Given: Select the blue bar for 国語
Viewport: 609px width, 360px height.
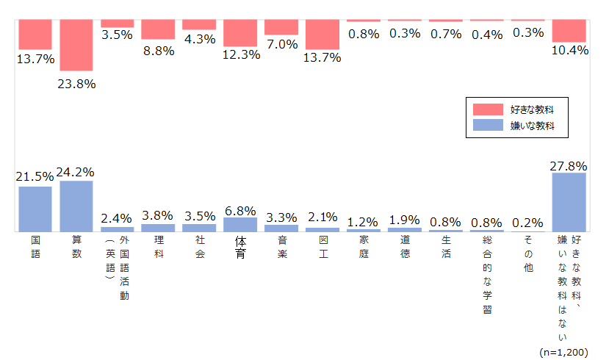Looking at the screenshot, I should (35, 209).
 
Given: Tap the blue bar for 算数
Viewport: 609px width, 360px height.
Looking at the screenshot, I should (77, 206).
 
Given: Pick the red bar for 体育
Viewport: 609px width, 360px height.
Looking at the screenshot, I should (240, 33).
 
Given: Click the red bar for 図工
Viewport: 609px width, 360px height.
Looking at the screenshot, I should (322, 35).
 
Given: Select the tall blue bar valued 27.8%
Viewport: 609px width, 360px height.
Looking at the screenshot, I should (569, 202).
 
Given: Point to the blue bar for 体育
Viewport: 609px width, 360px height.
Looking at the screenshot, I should (240, 224).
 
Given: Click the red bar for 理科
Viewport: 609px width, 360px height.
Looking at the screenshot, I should (159, 29).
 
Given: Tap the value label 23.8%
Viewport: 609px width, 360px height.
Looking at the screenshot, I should (77, 83).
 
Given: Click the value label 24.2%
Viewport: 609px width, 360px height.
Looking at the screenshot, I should (76, 172).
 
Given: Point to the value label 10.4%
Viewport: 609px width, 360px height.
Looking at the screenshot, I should (569, 50).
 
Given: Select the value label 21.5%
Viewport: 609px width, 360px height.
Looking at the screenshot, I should (35, 177).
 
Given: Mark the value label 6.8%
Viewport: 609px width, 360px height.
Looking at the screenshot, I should (240, 209).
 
